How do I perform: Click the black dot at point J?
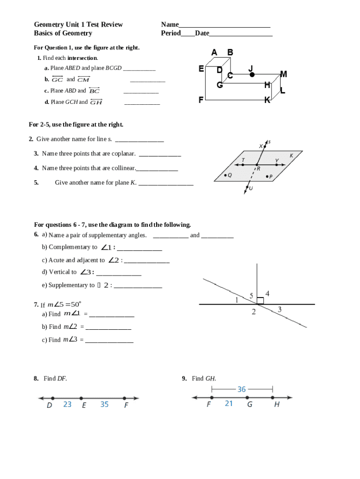pyautogui.click(x=252, y=74)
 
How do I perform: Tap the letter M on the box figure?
pyautogui.click(x=283, y=74)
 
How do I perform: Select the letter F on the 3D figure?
pyautogui.click(x=201, y=100)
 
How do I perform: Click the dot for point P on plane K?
pyautogui.click(x=267, y=176)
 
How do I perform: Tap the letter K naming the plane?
pyautogui.click(x=291, y=155)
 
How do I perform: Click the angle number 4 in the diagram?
pyautogui.click(x=267, y=293)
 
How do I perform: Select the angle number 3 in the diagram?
pyautogui.click(x=280, y=309)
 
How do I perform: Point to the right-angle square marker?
pyautogui.click(x=260, y=300)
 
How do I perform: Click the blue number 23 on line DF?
pyautogui.click(x=67, y=404)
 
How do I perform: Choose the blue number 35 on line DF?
pyautogui.click(x=104, y=404)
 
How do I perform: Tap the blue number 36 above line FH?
pyautogui.click(x=242, y=389)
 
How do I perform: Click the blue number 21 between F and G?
pyautogui.click(x=229, y=403)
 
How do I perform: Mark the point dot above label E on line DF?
pyautogui.click(x=81, y=399)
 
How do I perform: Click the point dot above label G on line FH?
pyautogui.click(x=247, y=398)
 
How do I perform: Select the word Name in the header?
pyautogui.click(x=170, y=24)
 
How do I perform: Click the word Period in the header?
pyautogui.click(x=171, y=33)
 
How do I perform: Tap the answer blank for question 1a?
pyautogui.click(x=139, y=69)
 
